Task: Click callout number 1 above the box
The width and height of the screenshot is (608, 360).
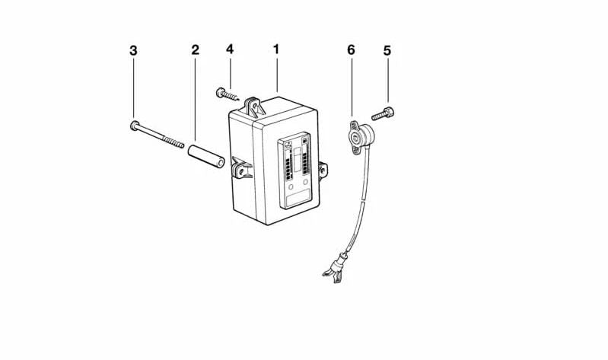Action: (x=276, y=49)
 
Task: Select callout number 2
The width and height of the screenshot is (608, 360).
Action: (x=195, y=49)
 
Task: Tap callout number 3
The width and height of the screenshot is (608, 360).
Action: (x=133, y=50)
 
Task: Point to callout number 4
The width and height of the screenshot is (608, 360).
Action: (x=230, y=49)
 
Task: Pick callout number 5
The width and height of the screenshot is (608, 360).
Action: (x=387, y=50)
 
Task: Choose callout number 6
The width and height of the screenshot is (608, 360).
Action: (x=351, y=49)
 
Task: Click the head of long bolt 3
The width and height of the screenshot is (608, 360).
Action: (x=134, y=126)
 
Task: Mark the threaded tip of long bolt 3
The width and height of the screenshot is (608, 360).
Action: (x=181, y=145)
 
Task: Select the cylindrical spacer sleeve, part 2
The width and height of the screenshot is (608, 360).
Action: (x=206, y=156)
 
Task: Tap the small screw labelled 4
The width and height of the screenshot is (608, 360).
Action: (x=228, y=94)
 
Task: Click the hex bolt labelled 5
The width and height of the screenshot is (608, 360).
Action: (x=383, y=114)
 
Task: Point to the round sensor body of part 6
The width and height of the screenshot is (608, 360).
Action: (x=364, y=135)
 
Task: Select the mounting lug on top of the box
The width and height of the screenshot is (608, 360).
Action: (x=254, y=107)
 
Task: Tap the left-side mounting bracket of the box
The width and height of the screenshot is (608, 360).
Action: (x=240, y=168)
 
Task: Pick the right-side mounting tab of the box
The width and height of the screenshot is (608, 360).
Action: (x=323, y=170)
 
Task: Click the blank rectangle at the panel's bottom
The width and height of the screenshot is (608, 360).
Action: (x=298, y=198)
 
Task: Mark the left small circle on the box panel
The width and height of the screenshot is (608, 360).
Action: (x=291, y=187)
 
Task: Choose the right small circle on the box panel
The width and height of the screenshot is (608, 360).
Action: (x=306, y=182)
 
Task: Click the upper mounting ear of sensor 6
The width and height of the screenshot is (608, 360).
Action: (x=354, y=125)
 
